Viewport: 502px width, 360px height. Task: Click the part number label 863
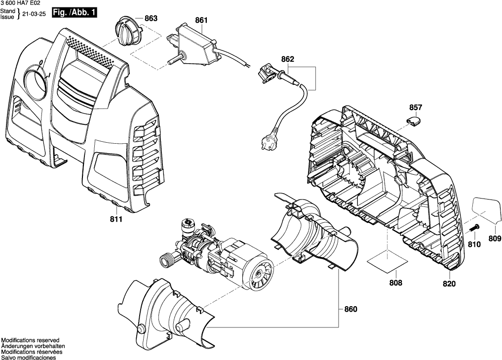(151, 19)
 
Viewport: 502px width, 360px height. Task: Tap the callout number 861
(201, 20)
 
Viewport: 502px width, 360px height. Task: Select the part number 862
(287, 59)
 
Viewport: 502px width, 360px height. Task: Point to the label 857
(416, 107)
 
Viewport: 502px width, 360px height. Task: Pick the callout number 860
(350, 309)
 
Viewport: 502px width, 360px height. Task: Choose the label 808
(395, 283)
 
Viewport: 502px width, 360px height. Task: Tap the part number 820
(449, 284)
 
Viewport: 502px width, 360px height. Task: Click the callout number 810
(474, 244)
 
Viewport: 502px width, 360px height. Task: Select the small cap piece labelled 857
(414, 119)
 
